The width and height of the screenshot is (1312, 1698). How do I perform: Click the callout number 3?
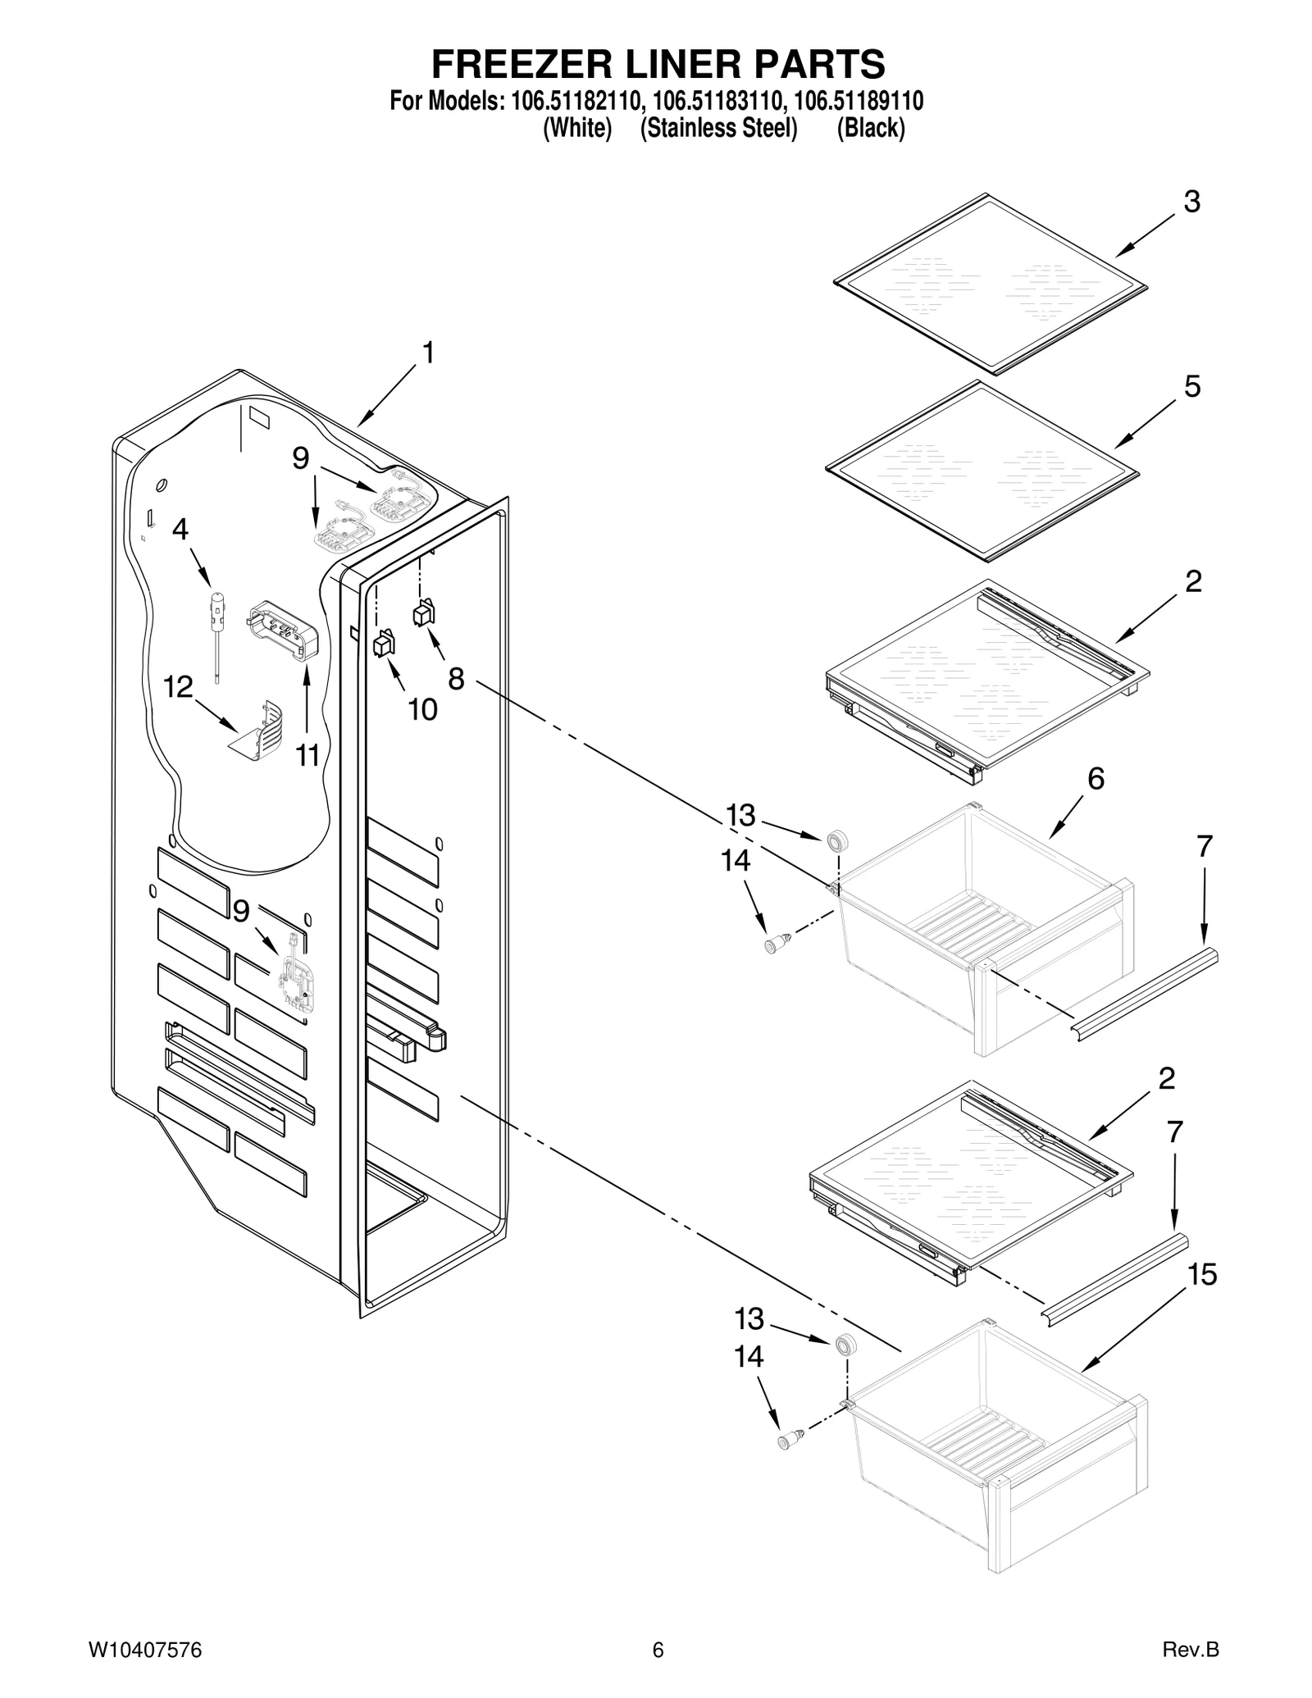tap(1191, 202)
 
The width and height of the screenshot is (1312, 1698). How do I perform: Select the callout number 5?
tap(1191, 386)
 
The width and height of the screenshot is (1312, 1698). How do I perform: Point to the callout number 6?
tap(1096, 778)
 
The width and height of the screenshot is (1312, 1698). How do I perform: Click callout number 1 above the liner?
tap(427, 353)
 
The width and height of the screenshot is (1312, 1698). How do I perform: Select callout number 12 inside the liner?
tap(178, 687)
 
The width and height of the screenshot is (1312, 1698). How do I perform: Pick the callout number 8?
tap(456, 679)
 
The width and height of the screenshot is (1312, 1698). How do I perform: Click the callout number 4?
tap(180, 529)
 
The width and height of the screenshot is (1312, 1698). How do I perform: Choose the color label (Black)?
tap(870, 129)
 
